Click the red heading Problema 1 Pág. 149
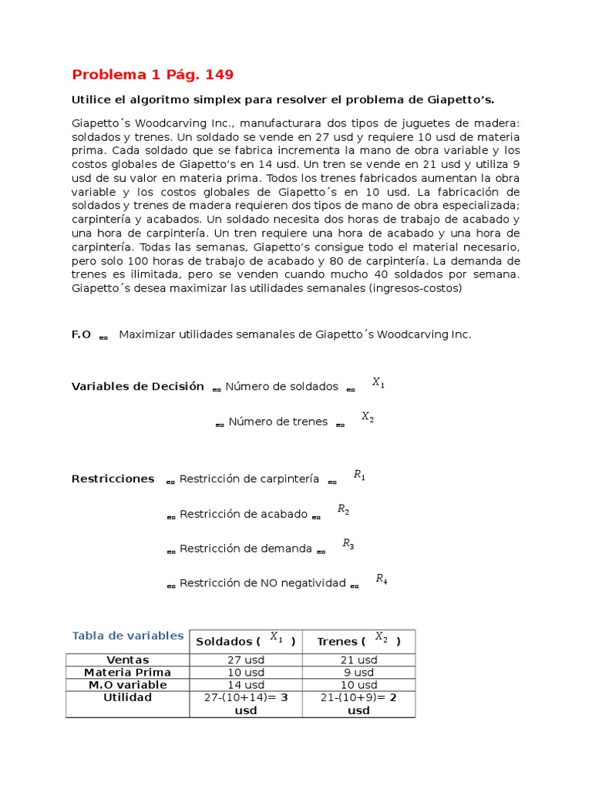[152, 75]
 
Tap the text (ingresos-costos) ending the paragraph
[415, 288]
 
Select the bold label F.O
[81, 334]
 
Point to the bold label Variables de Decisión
[137, 386]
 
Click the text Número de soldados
[281, 387]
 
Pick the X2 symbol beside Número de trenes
[368, 417]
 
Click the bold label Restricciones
[113, 478]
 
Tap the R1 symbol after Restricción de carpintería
[359, 475]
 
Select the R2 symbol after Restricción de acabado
[344, 509]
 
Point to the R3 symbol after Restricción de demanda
[348, 544]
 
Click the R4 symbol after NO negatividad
[381, 579]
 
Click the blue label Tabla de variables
[128, 636]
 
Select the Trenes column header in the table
[358, 640]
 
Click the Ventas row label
[128, 660]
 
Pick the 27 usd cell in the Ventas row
[245, 660]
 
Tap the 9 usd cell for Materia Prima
[358, 672]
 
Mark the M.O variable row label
[128, 684]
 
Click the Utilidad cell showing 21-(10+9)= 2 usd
[358, 703]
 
